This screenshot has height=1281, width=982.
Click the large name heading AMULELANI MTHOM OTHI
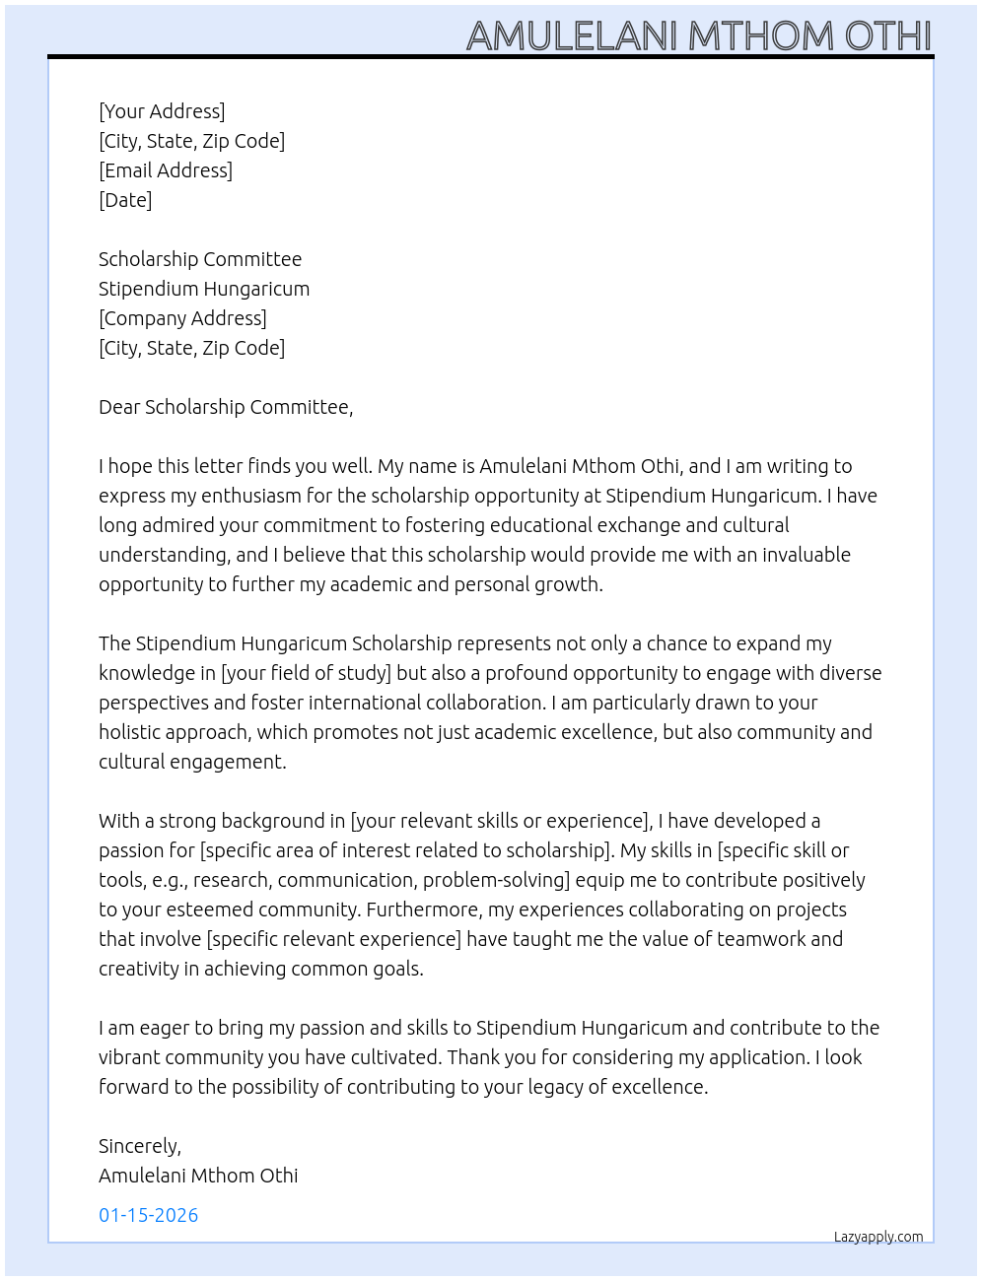[x=698, y=35]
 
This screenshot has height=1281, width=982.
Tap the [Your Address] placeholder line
[x=162, y=111]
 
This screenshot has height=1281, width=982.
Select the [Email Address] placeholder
[x=166, y=170]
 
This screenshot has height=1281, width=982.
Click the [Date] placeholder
[x=125, y=200]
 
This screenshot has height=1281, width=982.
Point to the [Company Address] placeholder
[x=182, y=318]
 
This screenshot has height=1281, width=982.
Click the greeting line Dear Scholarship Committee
[x=226, y=407]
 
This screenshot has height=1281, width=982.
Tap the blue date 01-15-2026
[x=149, y=1215]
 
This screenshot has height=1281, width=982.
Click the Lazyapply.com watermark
[x=878, y=1237]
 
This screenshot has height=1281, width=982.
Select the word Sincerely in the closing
[x=139, y=1146]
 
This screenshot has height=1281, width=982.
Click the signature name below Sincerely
[x=198, y=1176]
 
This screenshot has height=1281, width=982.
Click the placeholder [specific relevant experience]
[x=333, y=939]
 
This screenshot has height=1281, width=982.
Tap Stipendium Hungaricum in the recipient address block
[x=204, y=289]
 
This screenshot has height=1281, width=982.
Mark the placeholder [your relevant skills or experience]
[x=501, y=821]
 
